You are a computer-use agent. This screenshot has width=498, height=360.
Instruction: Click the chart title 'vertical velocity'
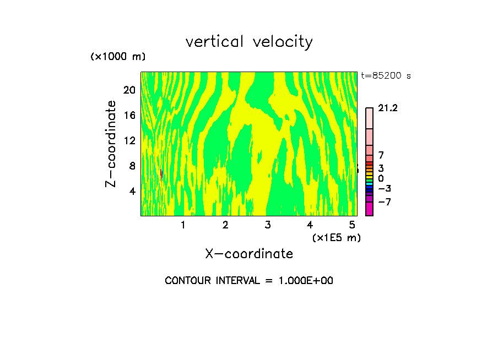[x=249, y=42]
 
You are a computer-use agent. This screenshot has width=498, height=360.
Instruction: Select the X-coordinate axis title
[x=249, y=253]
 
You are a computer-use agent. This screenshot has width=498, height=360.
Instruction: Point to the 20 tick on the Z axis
[x=129, y=90]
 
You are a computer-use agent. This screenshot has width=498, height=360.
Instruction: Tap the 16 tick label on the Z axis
[x=129, y=115]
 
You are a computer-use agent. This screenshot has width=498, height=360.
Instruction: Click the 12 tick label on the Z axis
[x=129, y=140]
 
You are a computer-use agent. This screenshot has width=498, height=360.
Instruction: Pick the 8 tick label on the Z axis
[x=132, y=166]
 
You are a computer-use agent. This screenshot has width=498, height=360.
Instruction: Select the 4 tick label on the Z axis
[x=132, y=191]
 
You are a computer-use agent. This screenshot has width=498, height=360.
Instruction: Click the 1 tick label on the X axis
[x=183, y=225]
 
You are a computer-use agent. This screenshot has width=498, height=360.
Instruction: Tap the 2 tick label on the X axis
[x=225, y=225]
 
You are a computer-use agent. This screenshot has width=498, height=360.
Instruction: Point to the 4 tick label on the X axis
[x=310, y=225]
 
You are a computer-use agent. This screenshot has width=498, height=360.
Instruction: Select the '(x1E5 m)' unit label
[x=336, y=237]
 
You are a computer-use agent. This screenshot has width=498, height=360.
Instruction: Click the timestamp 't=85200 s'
[x=386, y=76]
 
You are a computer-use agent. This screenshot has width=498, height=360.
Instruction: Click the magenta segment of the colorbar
[x=369, y=209]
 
